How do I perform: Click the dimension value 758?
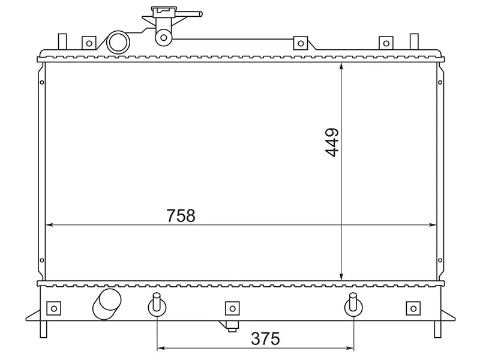pyautogui.click(x=181, y=215)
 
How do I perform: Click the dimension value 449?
pyautogui.click(x=332, y=142)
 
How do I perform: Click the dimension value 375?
pyautogui.click(x=265, y=338)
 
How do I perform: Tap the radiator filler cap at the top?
pyautogui.click(x=164, y=11)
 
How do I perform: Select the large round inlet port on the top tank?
pyautogui.click(x=118, y=42)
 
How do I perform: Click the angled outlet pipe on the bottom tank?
pyautogui.click(x=106, y=304)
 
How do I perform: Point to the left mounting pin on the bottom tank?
pyautogui.click(x=157, y=305)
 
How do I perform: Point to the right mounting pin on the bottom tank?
pyautogui.click(x=353, y=305)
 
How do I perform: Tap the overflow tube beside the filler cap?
pyautogui.click(x=187, y=14)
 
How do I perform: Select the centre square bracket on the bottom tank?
pyautogui.click(x=232, y=308)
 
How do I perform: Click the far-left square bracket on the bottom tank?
pyautogui.click(x=53, y=308)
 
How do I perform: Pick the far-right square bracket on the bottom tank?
pyautogui.click(x=413, y=308)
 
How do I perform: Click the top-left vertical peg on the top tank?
pyautogui.click(x=62, y=41)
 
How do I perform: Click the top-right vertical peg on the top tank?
pyautogui.click(x=414, y=41)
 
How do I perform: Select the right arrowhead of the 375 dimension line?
pyautogui.click(x=350, y=348)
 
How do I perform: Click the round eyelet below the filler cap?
pyautogui.click(x=164, y=38)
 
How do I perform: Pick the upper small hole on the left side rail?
pyautogui.click(x=42, y=82)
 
